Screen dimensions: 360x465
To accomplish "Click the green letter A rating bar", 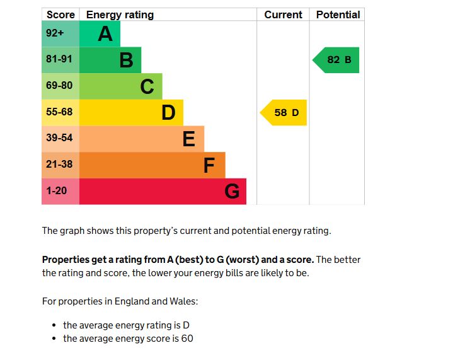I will click(x=100, y=33).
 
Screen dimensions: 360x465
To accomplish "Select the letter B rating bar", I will click(x=110, y=60).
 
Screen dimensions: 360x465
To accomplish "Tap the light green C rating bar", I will click(x=120, y=86).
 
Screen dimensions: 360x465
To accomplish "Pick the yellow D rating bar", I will click(x=131, y=113).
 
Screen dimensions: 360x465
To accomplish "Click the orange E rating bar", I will click(x=141, y=139).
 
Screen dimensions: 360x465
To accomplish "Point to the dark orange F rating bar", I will click(x=152, y=165).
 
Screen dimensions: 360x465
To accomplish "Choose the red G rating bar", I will click(x=163, y=192).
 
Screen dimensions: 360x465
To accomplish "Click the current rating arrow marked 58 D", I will click(x=284, y=113).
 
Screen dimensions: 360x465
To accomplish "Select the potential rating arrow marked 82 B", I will click(x=337, y=60).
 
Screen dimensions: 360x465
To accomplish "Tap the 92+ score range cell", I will click(x=60, y=33).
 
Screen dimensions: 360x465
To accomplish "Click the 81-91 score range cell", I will click(x=60, y=60).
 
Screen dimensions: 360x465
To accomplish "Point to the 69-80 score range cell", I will click(x=60, y=86).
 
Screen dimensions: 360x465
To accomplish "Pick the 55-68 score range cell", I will click(x=60, y=113).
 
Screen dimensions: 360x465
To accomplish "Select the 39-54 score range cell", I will click(x=60, y=139).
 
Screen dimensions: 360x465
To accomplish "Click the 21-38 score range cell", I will click(x=60, y=165).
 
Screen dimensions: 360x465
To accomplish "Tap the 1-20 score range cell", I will click(x=60, y=192).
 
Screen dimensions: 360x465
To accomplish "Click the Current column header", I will click(x=283, y=15).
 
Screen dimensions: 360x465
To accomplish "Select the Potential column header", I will click(x=338, y=15).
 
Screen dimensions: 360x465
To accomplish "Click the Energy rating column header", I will click(x=120, y=15).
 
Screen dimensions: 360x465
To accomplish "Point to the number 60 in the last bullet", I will click(x=187, y=339).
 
